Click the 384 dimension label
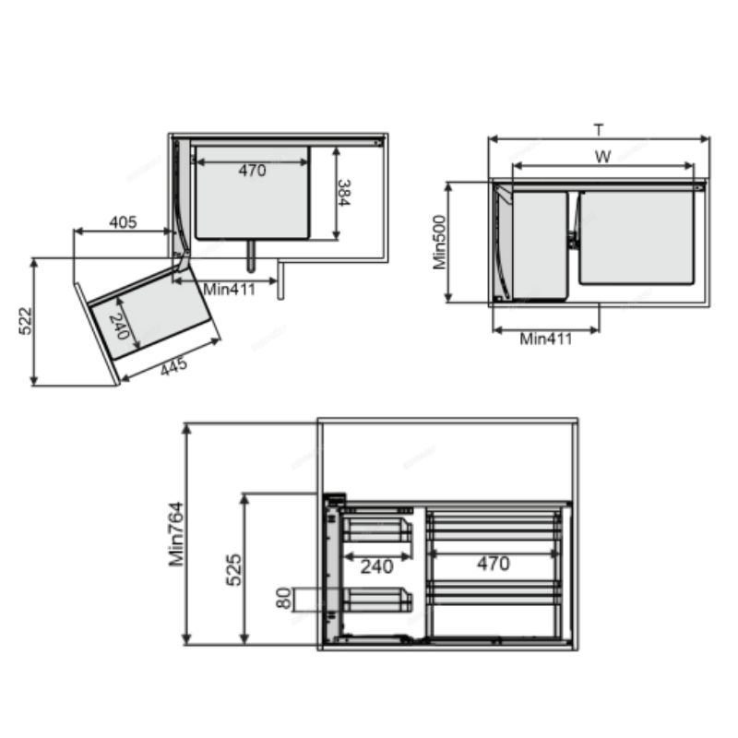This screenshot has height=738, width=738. [x=342, y=193]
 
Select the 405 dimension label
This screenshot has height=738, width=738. [x=123, y=222]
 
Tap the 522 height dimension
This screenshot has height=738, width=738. [x=26, y=321]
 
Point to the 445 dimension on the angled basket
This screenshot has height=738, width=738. [x=173, y=366]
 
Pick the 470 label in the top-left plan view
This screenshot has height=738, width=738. [x=252, y=171]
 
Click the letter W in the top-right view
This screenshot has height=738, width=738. [x=602, y=157]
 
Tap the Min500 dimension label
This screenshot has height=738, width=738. [x=440, y=242]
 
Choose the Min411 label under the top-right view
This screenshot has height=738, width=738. [x=545, y=339]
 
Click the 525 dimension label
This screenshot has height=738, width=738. [x=234, y=569]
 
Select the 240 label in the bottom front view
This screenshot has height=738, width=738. [x=376, y=565]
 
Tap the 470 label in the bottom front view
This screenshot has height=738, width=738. [x=494, y=564]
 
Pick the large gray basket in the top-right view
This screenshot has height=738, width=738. [x=637, y=238]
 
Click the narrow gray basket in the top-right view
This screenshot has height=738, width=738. [x=539, y=244]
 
